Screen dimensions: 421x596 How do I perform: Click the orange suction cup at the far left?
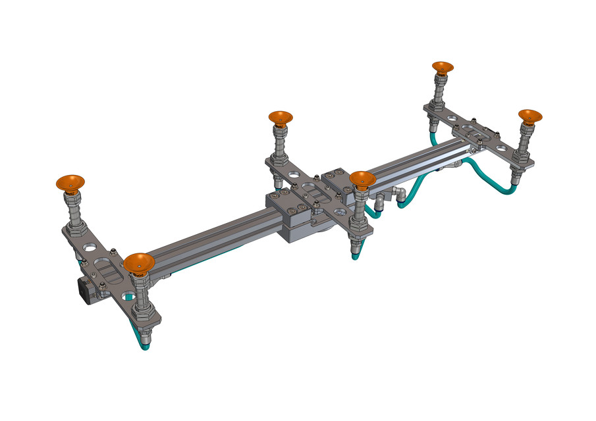pos(70,182)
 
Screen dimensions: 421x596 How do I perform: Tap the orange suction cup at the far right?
pos(529,116)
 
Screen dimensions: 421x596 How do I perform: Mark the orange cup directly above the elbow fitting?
pos(362,178)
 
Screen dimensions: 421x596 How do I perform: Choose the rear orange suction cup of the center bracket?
pos(281,118)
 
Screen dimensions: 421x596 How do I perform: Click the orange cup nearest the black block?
pos(139,262)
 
